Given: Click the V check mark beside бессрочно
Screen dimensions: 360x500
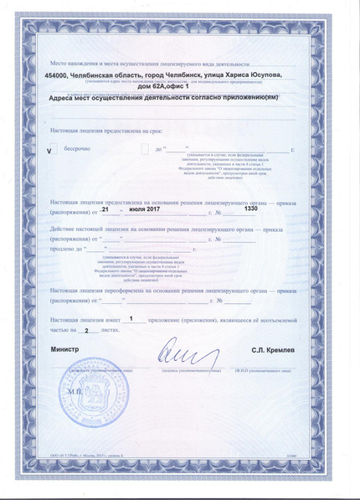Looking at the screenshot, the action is point(49,151).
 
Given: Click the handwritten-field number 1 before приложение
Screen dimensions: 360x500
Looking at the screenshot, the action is point(132,320).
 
